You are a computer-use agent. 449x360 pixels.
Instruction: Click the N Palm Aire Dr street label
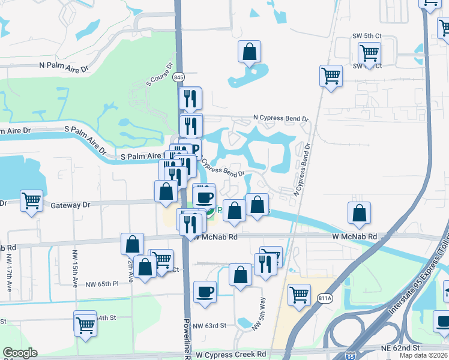click(x=63, y=65)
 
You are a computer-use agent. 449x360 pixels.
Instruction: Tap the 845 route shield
click(x=178, y=77)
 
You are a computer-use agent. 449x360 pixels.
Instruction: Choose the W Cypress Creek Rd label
click(x=231, y=355)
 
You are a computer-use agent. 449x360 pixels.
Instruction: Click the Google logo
click(x=20, y=353)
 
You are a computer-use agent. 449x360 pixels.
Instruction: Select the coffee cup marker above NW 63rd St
click(x=205, y=292)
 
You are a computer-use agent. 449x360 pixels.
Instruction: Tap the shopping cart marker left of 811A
click(x=299, y=295)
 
